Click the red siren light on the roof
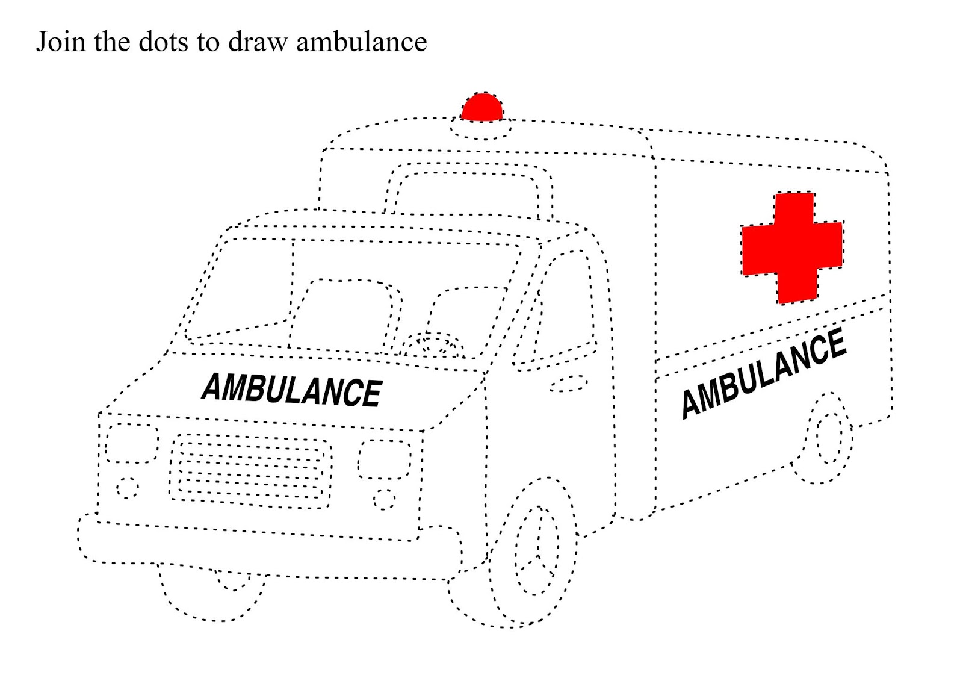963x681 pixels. (x=482, y=108)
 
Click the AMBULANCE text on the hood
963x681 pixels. (x=292, y=389)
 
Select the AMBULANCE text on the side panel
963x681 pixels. (x=763, y=373)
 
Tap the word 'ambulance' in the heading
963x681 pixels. (x=361, y=42)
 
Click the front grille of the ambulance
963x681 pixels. (x=250, y=470)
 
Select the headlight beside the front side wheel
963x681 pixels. (x=385, y=459)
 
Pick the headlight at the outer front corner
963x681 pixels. (x=132, y=443)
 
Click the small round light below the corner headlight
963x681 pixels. (x=127, y=488)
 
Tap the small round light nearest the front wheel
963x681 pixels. (x=384, y=499)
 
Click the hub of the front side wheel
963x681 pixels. (x=537, y=551)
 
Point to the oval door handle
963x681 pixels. (x=568, y=384)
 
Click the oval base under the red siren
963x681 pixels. (x=482, y=129)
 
